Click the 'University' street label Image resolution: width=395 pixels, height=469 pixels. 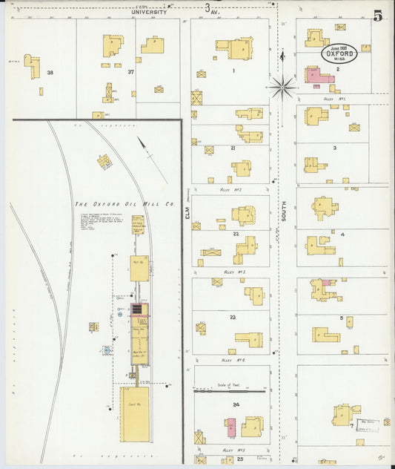point(149,12)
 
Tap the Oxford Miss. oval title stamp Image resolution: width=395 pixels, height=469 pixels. point(339,53)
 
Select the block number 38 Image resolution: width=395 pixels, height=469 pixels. point(50,73)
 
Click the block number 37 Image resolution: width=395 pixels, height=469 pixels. point(130,73)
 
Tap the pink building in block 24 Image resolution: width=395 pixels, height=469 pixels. point(231,427)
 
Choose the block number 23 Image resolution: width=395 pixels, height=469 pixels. point(233,318)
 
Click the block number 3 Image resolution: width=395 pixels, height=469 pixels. point(335,148)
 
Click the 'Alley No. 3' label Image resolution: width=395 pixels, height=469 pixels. point(234,273)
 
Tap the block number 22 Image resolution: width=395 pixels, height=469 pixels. point(235,234)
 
